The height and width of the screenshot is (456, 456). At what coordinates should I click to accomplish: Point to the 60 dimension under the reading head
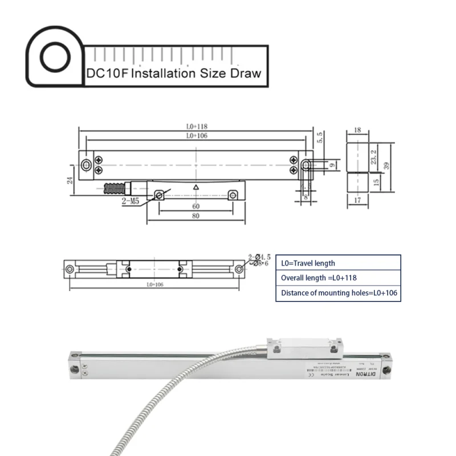coord(195,206)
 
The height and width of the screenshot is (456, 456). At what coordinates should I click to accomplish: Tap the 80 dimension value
coord(195,216)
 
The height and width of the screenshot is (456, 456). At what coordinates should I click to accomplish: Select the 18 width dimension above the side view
coord(357,131)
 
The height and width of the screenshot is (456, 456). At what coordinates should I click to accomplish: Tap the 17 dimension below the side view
coord(357,200)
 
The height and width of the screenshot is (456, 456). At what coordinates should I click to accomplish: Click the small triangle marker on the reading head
coord(196,186)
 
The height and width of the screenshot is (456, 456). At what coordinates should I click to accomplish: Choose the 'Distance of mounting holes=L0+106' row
coord(338,294)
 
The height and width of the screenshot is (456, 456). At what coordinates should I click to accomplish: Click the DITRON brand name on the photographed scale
coord(369,375)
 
